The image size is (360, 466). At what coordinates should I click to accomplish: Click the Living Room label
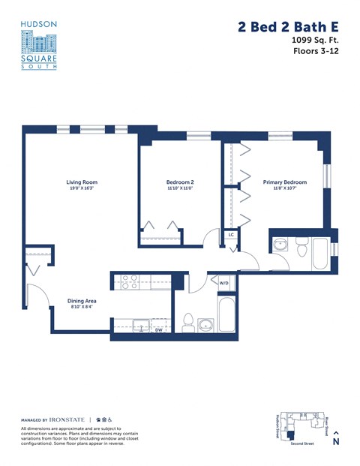click(x=81, y=182)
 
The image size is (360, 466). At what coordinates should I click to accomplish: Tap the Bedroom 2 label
click(x=180, y=182)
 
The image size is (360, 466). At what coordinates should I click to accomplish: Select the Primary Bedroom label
click(x=284, y=182)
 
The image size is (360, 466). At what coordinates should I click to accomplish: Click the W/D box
click(x=223, y=283)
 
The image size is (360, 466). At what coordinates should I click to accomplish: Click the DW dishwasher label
click(x=158, y=329)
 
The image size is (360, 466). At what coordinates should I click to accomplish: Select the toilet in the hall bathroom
click(x=189, y=322)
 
